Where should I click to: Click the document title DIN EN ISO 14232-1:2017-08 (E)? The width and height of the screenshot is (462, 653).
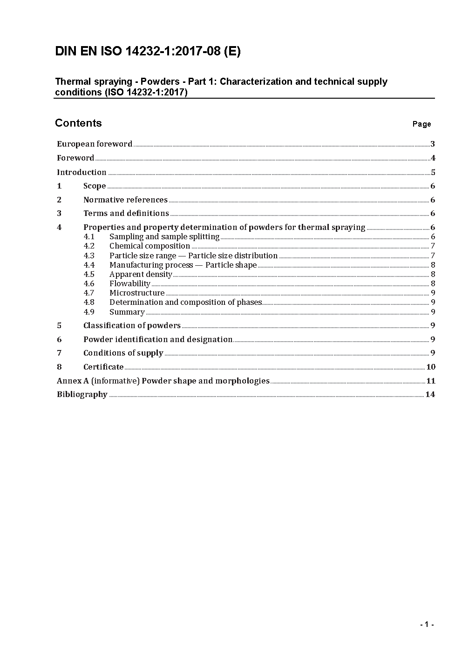148,51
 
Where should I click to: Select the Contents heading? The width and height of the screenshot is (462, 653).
78,123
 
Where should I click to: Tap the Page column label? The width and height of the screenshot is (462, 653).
421,124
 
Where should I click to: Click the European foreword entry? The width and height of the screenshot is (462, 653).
95,144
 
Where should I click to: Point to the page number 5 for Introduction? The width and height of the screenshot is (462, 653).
433,172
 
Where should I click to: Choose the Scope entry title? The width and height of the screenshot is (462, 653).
95,186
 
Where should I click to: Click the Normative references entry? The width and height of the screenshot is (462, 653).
125,200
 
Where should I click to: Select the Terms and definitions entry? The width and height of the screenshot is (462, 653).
126,213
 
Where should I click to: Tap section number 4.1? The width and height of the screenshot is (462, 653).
89,236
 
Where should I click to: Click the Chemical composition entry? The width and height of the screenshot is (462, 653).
149,246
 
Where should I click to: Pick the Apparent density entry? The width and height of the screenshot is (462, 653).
141,274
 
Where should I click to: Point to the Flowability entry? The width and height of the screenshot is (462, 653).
129,283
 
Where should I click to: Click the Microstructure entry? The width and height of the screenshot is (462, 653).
137,293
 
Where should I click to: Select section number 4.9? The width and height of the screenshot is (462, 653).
89,312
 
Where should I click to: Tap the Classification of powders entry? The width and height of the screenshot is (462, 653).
132,325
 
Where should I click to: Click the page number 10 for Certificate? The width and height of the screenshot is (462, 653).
430,367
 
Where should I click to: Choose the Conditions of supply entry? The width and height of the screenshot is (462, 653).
123,353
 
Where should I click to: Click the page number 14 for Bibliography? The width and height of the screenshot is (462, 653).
430,394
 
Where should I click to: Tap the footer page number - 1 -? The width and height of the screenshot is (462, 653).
427,625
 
